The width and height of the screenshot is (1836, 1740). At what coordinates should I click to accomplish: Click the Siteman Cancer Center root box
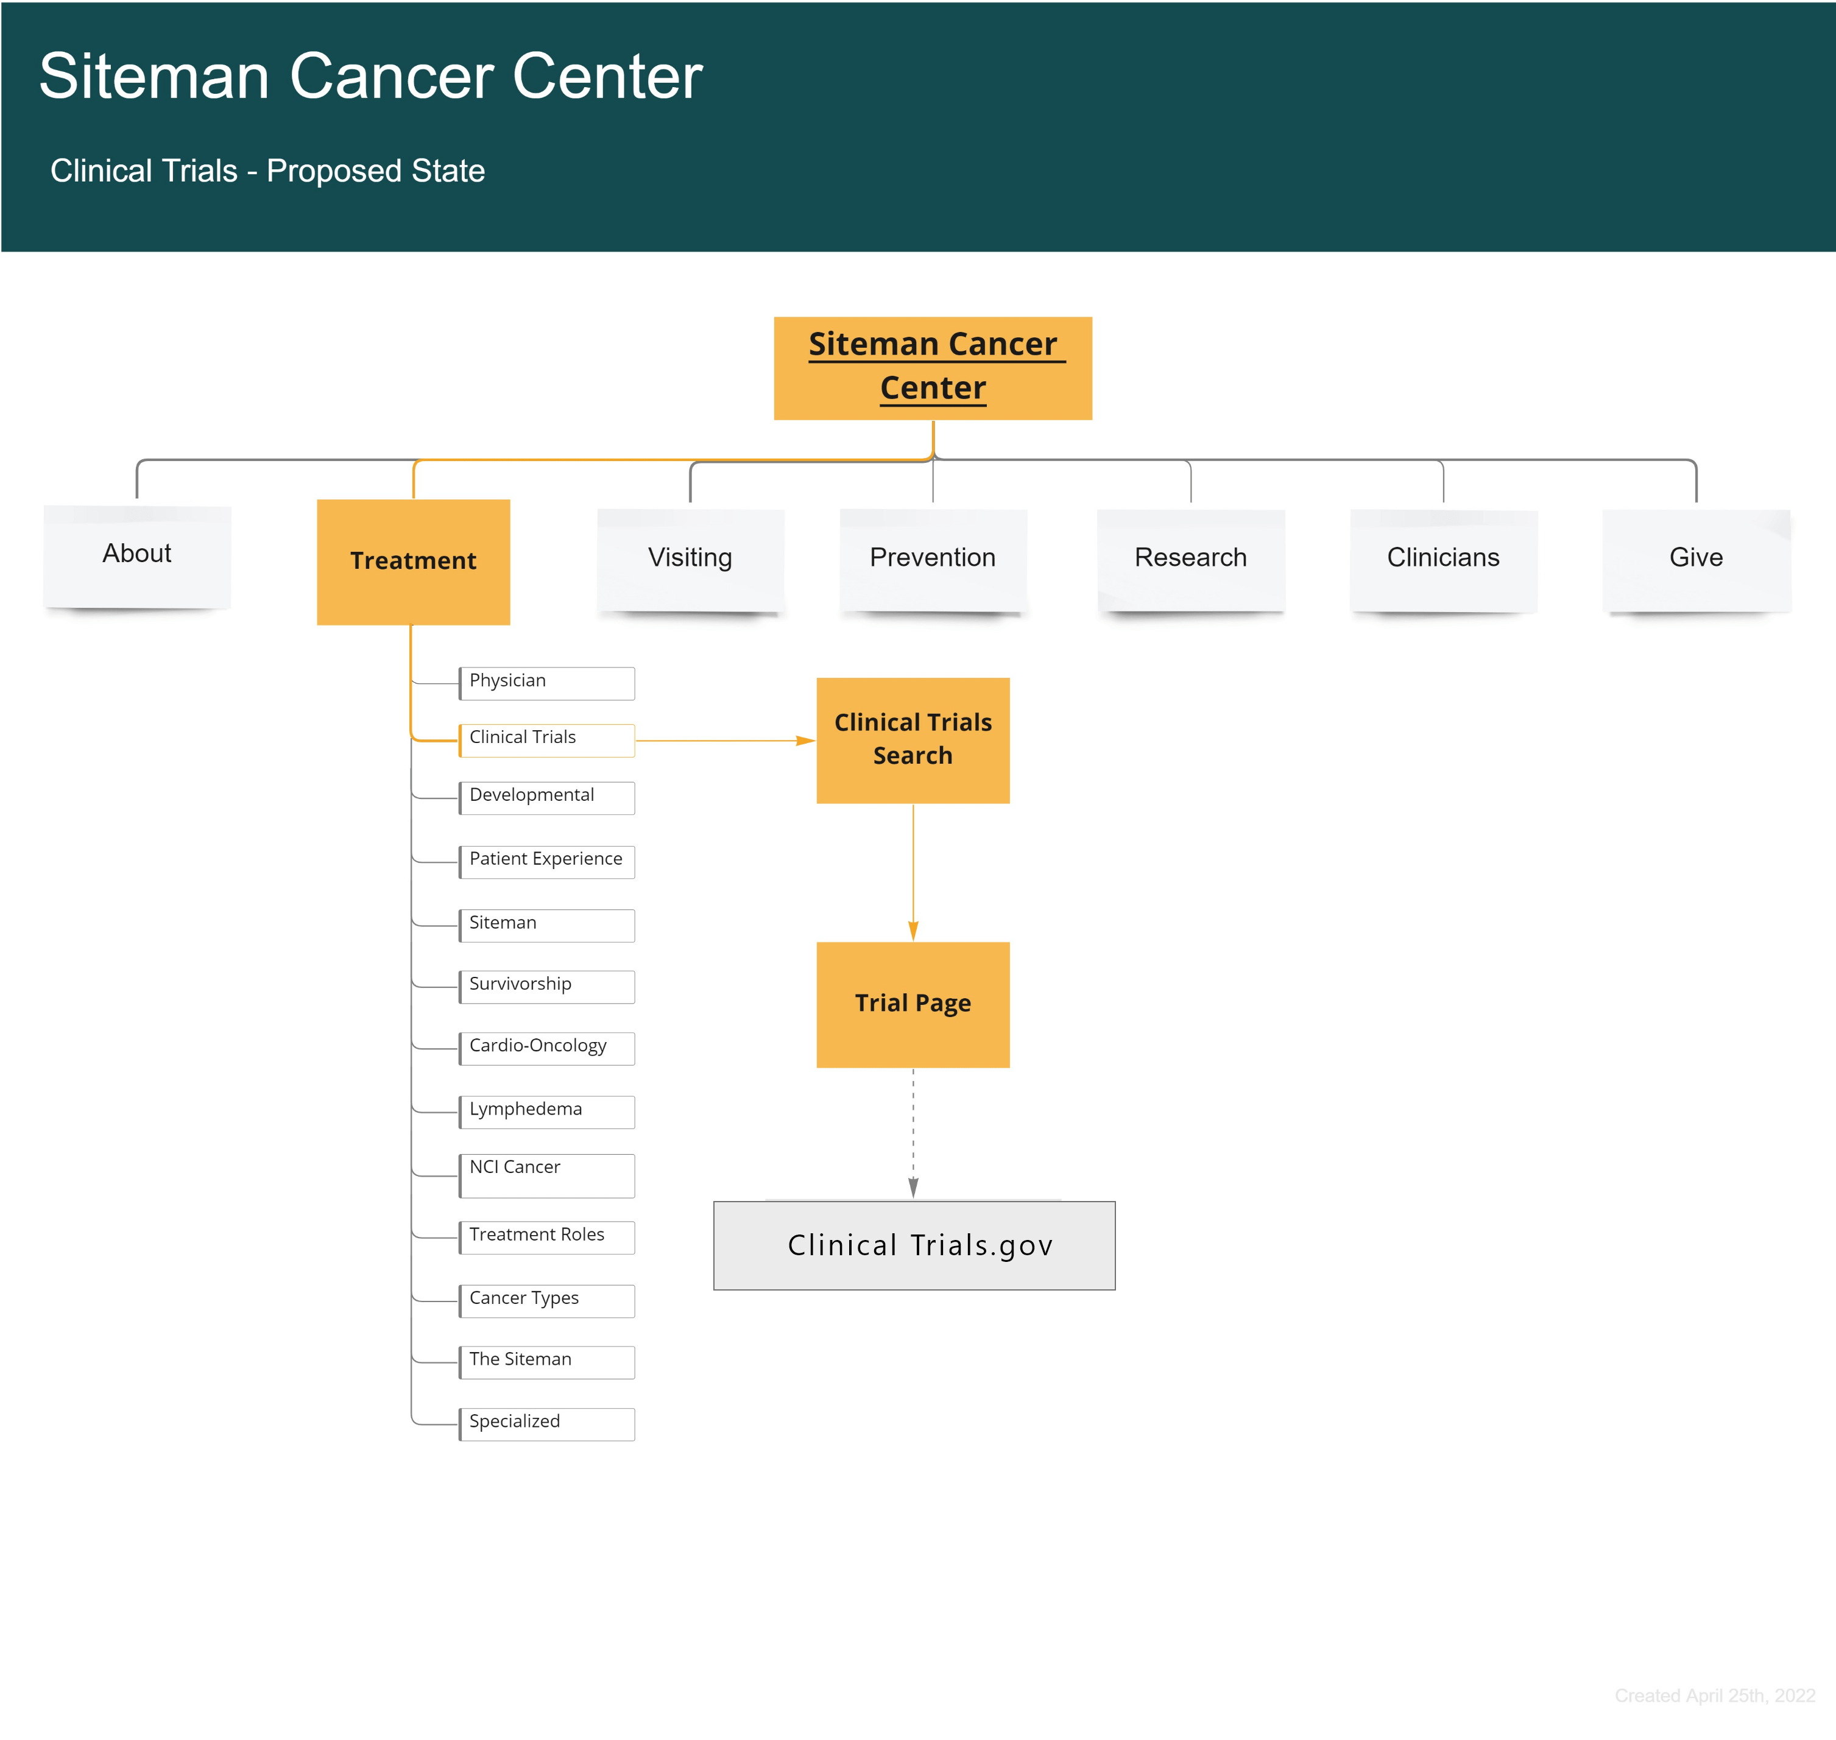[933, 368]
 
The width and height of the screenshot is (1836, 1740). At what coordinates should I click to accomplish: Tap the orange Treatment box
[413, 561]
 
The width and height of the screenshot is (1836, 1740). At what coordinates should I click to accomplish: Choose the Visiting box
[690, 558]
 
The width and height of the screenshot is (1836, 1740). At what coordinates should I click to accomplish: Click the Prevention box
[933, 558]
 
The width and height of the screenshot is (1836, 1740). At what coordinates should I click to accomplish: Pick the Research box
[1190, 558]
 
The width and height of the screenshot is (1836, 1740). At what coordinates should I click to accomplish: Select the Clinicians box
[1442, 558]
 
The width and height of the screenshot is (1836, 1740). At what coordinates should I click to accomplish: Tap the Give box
[1696, 558]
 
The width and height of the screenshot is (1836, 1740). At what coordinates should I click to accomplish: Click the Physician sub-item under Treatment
[546, 683]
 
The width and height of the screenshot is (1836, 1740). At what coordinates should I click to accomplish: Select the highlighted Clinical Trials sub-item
[546, 739]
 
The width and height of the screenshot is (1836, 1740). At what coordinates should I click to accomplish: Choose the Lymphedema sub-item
[546, 1111]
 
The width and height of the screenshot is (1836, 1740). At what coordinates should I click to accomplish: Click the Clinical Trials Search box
[913, 740]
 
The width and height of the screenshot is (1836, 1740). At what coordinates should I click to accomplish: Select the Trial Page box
[913, 1004]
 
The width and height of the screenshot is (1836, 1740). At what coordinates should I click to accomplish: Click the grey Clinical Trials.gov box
[914, 1245]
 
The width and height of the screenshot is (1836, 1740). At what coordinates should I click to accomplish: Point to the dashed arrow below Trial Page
[913, 1132]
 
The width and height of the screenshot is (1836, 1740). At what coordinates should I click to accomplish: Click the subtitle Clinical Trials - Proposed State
[267, 171]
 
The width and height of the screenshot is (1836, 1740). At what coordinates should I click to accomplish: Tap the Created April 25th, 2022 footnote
[1714, 1696]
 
